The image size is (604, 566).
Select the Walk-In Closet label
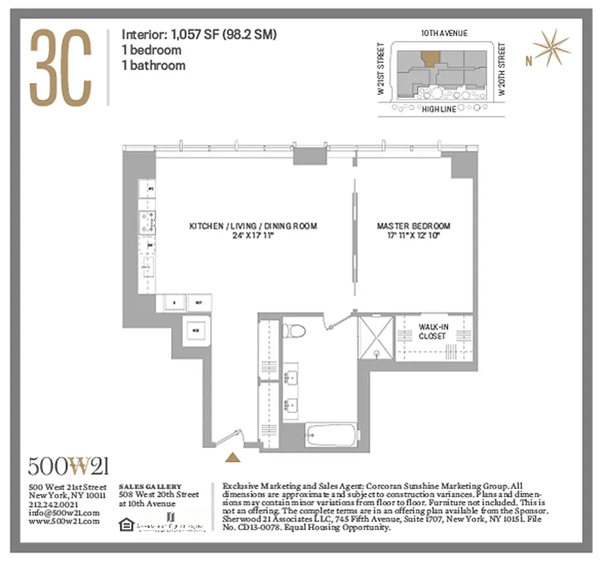click(432, 332)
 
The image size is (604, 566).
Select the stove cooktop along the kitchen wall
click(150, 222)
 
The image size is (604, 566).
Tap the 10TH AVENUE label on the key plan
click(444, 33)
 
